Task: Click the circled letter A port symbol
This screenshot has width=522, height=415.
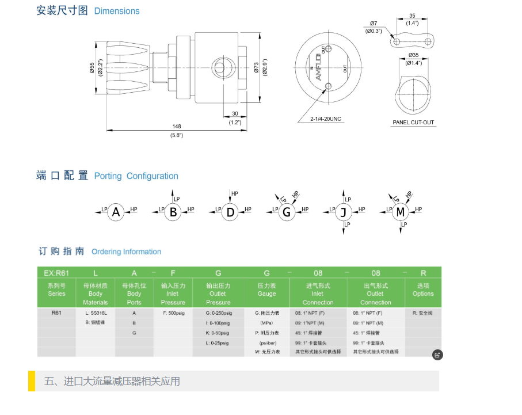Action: click(116, 212)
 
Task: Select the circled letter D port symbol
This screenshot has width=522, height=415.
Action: click(230, 212)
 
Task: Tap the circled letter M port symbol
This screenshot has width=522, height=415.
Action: click(401, 212)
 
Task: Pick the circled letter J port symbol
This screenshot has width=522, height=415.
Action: click(344, 212)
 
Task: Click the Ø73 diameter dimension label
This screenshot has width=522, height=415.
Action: click(257, 67)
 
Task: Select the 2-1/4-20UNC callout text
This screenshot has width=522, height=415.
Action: click(326, 119)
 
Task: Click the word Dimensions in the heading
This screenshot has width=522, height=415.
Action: click(117, 11)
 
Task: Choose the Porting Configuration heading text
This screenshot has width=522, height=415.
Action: click(136, 176)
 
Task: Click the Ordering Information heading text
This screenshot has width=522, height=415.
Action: click(126, 252)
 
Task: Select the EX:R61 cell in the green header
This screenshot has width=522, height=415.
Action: click(56, 272)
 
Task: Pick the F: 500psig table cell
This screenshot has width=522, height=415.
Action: click(173, 313)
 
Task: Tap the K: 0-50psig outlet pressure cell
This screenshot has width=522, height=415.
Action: click(218, 333)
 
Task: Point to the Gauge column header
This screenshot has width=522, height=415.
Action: click(266, 290)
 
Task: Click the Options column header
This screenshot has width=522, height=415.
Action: click(423, 290)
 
